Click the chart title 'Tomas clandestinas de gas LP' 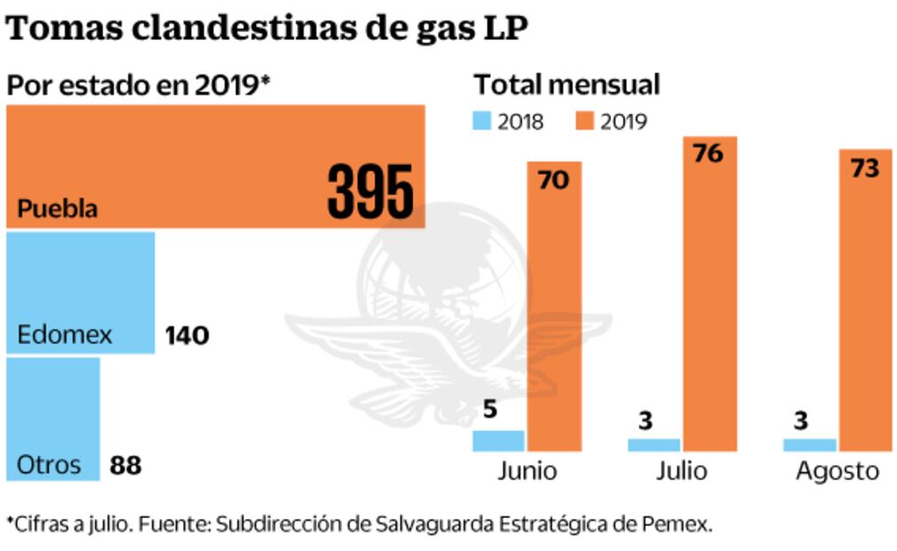[266, 28]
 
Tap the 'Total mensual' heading [567, 84]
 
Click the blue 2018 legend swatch [482, 122]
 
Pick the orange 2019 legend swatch [584, 122]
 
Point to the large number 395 [370, 192]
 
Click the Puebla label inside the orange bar [58, 211]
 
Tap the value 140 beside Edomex [187, 336]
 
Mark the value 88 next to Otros [125, 465]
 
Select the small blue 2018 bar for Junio [498, 441]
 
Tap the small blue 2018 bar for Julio [655, 444]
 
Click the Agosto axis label [837, 470]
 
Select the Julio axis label [681, 470]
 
